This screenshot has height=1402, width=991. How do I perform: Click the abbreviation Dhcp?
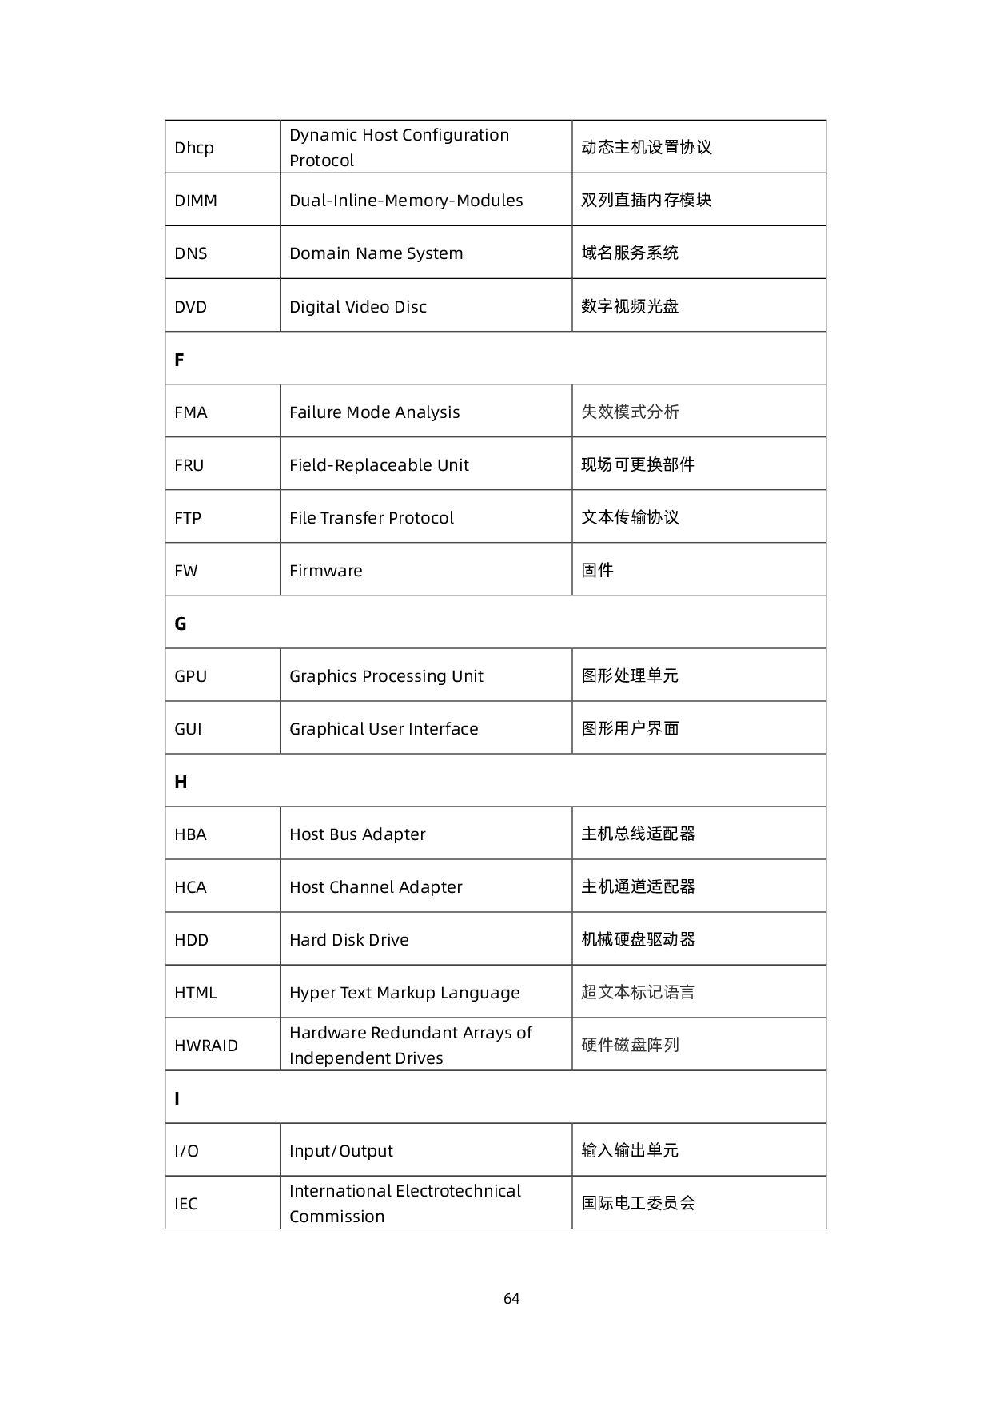click(194, 148)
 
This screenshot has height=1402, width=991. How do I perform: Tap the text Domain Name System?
click(376, 253)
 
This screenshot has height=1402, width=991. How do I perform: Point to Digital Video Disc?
click(358, 307)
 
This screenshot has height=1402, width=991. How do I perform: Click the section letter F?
click(179, 360)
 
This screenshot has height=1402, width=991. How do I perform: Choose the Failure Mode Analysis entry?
click(374, 412)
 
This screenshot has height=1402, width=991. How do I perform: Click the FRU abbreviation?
click(189, 465)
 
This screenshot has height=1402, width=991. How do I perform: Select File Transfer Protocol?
click(372, 518)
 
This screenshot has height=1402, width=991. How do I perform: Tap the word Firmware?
click(326, 571)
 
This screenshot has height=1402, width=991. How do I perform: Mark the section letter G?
click(181, 623)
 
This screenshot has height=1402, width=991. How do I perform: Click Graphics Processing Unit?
click(386, 676)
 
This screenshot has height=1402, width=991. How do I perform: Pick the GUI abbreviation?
click(188, 729)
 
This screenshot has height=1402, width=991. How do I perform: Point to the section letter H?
click(181, 782)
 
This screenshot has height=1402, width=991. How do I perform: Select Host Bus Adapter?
click(357, 834)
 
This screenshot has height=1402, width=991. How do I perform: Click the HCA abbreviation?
click(190, 887)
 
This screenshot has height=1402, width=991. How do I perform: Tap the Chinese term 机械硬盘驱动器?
click(639, 939)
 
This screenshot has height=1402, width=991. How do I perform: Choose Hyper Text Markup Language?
click(404, 993)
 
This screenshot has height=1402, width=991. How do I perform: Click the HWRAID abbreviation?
click(206, 1046)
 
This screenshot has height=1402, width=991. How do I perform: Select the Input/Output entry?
click(341, 1151)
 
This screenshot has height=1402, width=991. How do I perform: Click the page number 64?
click(511, 1299)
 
